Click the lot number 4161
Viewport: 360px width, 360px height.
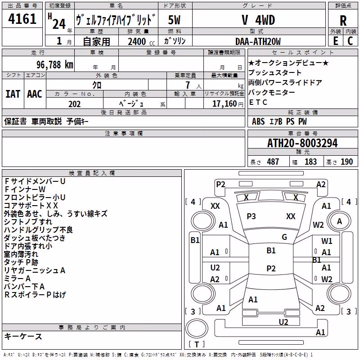(22, 18)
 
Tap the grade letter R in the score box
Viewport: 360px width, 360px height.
(343, 21)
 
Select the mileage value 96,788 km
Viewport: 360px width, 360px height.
(55, 65)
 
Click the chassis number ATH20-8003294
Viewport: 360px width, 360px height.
(302, 143)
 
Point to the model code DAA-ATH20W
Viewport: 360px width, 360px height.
(258, 41)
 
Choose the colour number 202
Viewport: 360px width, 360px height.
(74, 104)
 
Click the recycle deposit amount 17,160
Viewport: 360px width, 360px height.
(224, 103)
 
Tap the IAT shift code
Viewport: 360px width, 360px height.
(13, 94)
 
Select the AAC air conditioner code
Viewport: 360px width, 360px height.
(35, 94)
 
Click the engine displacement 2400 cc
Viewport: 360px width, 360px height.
(141, 41)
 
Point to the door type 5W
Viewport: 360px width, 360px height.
(174, 20)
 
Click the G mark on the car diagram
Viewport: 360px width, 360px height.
(284, 237)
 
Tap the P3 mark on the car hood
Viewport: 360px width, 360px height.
(251, 216)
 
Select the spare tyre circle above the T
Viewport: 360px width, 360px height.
(197, 328)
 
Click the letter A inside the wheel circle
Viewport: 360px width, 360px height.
(339, 221)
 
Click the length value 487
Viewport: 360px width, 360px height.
(273, 162)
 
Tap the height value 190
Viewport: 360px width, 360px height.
(346, 162)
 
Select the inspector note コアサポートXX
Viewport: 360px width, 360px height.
(31, 206)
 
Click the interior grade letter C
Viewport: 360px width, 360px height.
(350, 41)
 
